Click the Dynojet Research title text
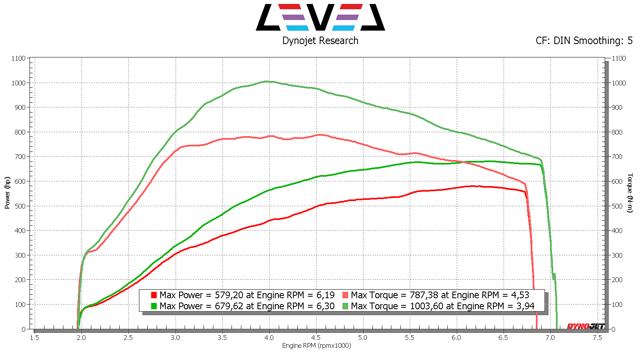pos(320,41)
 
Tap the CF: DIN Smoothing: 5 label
pos(584,41)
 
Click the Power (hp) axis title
pos(7,193)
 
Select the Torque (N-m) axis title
pos(630,193)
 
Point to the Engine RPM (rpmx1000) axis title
pos(317,346)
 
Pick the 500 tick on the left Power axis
pos(20,206)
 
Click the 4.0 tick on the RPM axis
pos(269,338)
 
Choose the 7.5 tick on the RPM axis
pos(597,338)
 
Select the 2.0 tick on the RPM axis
pos(81,338)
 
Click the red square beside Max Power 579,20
pos(154,295)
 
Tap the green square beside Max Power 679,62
pos(154,306)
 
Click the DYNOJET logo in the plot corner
pos(585,326)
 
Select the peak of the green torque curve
pos(267,81)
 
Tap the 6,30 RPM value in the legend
pos(326,306)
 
